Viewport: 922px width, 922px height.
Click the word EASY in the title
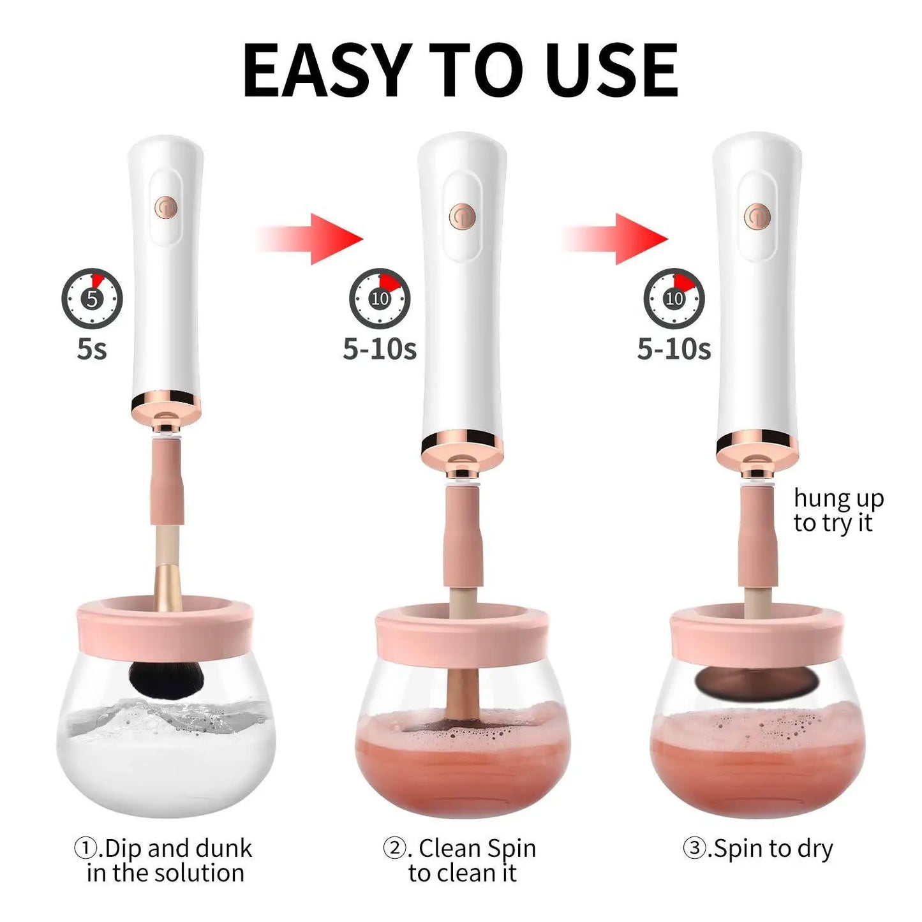coord(325,70)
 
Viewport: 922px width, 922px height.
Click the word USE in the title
coord(611,70)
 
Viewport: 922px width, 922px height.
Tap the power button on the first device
coord(166,207)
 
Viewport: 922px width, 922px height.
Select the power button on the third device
coord(757,216)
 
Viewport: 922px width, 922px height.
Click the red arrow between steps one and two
coord(313,239)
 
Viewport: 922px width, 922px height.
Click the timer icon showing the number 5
coord(92,298)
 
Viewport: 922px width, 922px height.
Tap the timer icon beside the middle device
coord(380,298)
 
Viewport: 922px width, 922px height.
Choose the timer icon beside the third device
coord(674,298)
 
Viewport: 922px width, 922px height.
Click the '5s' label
coord(92,349)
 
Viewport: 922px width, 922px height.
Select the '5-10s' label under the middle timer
coord(380,349)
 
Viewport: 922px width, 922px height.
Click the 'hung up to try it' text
coord(838,510)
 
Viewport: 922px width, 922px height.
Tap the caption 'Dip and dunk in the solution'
coord(165,860)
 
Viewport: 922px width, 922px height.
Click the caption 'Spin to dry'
coord(758,849)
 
